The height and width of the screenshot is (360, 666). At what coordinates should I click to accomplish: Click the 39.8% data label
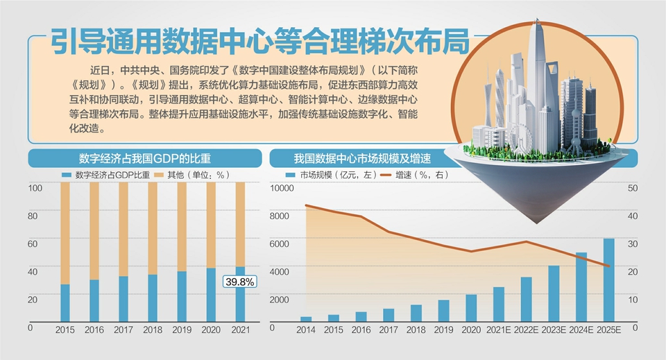(x=240, y=282)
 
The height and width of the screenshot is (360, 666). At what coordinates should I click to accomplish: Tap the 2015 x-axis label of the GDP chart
(x=65, y=331)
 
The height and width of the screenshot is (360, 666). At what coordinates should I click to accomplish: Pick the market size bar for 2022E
(x=526, y=299)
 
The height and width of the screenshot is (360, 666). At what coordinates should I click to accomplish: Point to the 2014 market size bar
(x=306, y=318)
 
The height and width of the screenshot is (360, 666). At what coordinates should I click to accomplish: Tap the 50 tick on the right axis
(x=632, y=188)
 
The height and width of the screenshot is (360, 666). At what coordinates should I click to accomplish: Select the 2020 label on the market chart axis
(x=471, y=331)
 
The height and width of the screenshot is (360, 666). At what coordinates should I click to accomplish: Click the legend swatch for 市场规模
(x=291, y=175)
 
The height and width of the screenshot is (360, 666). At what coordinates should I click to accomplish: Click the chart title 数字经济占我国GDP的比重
(x=135, y=157)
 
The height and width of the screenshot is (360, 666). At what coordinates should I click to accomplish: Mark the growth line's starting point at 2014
(x=306, y=205)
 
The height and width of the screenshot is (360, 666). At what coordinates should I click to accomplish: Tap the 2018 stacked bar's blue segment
(x=153, y=298)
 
